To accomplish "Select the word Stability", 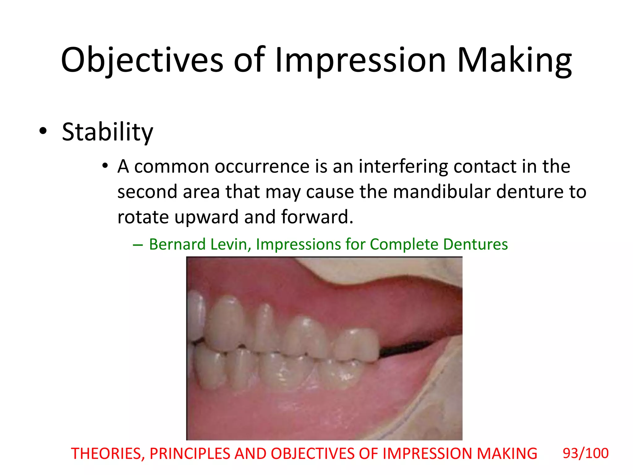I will (107, 132).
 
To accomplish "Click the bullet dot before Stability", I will (43, 131).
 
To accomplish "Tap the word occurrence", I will (262, 167).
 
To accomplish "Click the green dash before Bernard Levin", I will (138, 245).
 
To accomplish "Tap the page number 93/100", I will (585, 453).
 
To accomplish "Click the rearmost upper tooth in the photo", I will (356, 345).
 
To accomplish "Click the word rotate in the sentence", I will (143, 217).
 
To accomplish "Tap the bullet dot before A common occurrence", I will (105, 166).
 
